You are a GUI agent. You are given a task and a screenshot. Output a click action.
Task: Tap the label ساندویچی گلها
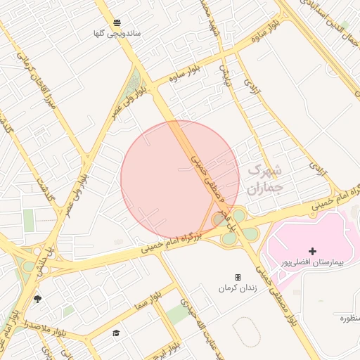click(118, 33)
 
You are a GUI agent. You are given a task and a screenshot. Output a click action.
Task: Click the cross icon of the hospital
click(312, 251)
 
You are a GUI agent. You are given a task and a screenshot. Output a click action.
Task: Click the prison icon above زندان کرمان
click(238, 277)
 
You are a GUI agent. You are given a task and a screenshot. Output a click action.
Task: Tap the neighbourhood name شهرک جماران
click(265, 179)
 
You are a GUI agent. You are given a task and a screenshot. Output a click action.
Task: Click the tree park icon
click(37, 299)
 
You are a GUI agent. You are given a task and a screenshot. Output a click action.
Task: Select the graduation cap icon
click(116, 333)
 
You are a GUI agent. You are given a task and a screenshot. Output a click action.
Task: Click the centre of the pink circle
click(180, 179)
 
